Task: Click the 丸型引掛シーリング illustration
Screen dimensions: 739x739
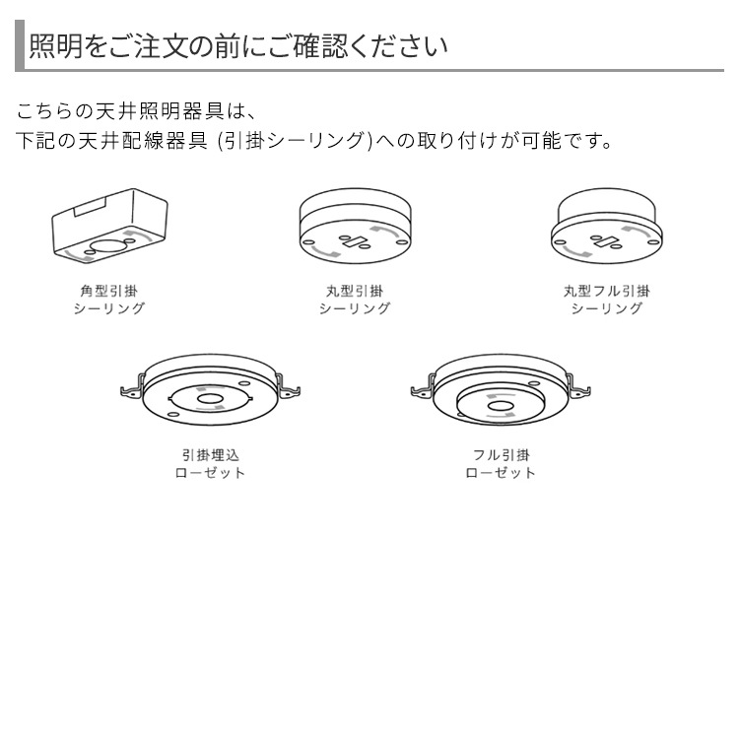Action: [355, 229]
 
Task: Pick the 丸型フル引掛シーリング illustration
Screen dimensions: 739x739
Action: [606, 229]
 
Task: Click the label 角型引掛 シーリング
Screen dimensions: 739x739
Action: [110, 300]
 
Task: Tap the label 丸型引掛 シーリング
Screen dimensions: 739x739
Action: [355, 300]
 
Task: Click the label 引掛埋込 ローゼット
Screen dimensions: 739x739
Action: [210, 464]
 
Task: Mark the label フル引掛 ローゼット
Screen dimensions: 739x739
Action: [501, 464]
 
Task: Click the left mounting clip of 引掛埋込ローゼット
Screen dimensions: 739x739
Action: [129, 390]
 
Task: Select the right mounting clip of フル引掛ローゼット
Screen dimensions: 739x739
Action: [581, 390]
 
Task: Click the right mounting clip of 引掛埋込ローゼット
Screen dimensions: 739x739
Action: [289, 390]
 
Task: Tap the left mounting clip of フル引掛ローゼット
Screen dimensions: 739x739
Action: [421, 390]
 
